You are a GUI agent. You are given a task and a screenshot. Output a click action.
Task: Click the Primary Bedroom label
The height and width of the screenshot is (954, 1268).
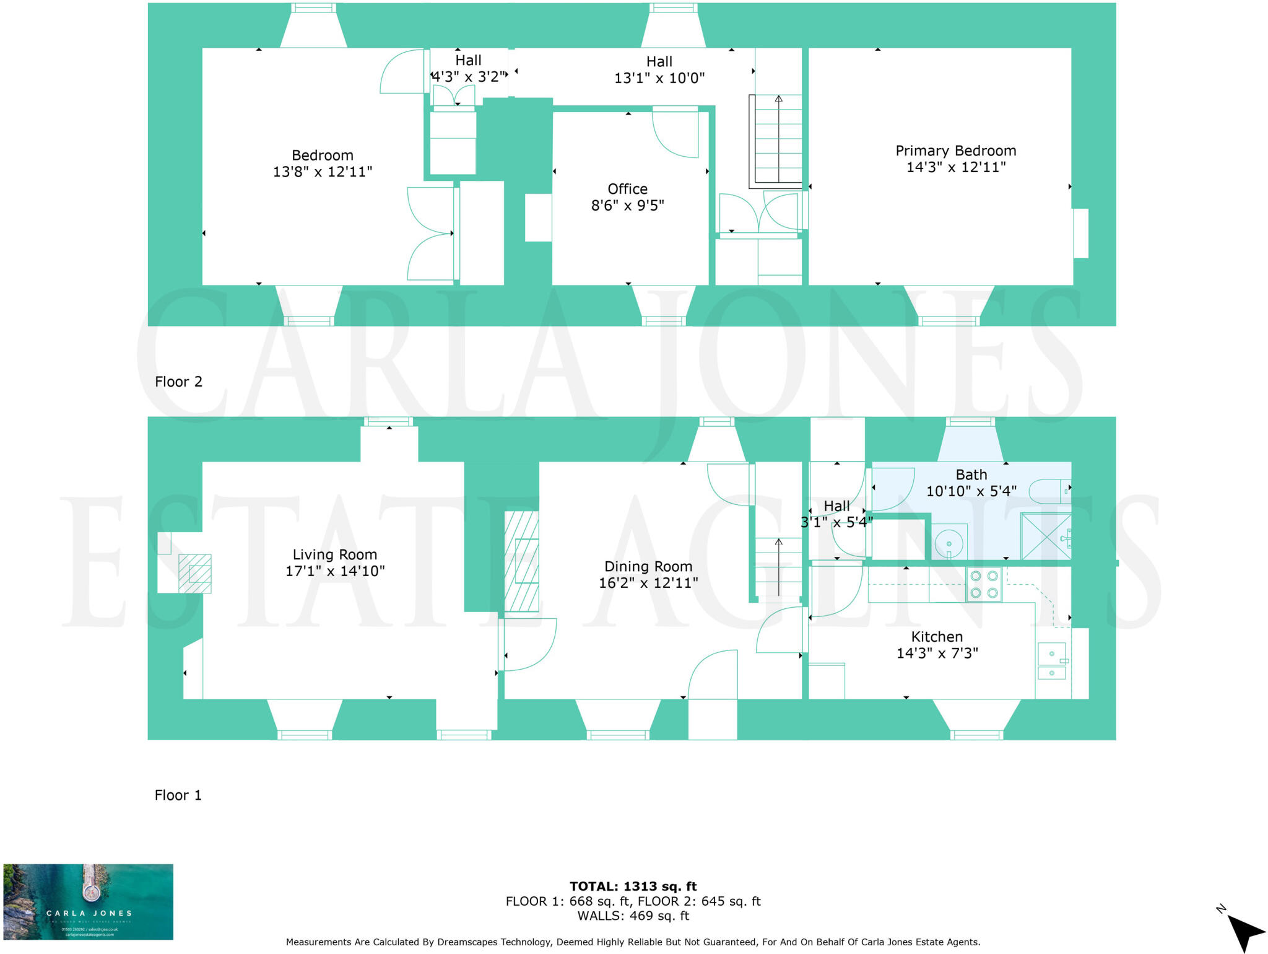(955, 151)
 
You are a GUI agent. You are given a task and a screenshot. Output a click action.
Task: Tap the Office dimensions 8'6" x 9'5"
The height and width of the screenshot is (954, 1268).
(627, 205)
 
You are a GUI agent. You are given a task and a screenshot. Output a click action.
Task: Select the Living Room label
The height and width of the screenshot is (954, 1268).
(334, 554)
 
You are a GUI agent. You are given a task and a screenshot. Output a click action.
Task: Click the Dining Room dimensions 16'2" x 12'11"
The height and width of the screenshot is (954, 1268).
(648, 583)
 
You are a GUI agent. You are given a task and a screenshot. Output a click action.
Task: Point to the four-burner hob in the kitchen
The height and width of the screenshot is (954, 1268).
(984, 584)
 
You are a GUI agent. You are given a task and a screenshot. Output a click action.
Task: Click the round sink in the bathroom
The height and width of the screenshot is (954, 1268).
(949, 544)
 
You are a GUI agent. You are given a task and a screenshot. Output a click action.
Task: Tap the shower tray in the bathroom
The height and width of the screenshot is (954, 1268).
(1045, 536)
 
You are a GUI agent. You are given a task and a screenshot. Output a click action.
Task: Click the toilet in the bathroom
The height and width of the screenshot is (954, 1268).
(1049, 491)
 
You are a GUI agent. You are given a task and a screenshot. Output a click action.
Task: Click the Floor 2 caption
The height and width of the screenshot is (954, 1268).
(178, 382)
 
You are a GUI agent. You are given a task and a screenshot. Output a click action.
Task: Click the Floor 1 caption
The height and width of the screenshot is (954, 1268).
(178, 795)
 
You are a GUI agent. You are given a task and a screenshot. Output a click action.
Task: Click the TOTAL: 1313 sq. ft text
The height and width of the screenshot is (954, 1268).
(633, 886)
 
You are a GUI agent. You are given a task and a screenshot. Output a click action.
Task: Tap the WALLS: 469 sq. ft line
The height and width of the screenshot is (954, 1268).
(633, 916)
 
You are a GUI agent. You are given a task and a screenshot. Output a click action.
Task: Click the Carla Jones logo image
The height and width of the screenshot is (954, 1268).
(88, 902)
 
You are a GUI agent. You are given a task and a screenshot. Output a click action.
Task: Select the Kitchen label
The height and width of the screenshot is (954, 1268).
(936, 637)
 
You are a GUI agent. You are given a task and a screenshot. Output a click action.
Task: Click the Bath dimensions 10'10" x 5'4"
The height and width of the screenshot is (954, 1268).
(971, 491)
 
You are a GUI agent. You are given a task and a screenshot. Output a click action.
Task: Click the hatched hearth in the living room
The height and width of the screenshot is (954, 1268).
(194, 574)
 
